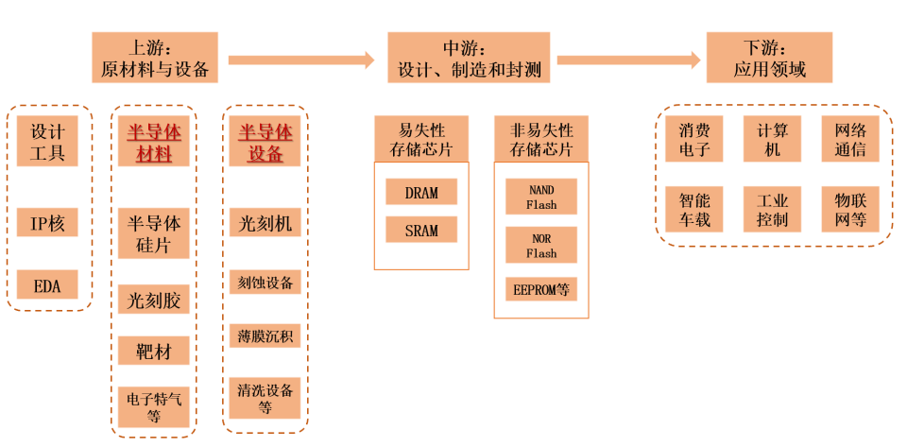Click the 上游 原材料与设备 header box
pos(154,58)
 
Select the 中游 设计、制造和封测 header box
pos(469,58)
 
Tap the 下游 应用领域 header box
pos(769,58)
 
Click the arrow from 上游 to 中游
pos(301,60)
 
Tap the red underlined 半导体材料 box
pos(154,142)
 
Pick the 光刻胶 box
pos(154,301)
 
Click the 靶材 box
pos(154,352)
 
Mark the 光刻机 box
pos(265,223)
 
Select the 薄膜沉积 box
pos(265,335)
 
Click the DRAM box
pos(421,192)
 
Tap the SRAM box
pos(421,230)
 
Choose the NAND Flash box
pos(541,197)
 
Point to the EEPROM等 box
pos(541,289)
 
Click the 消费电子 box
pos(693,140)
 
